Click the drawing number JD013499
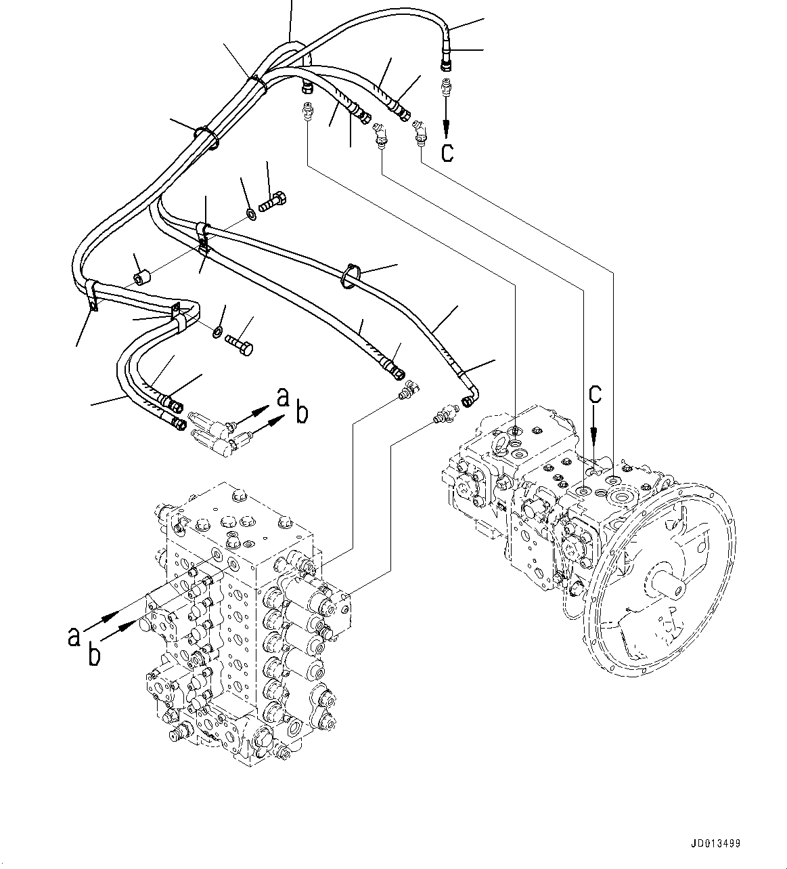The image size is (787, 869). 715,844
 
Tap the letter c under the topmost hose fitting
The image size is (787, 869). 447,152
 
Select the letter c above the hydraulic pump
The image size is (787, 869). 594,394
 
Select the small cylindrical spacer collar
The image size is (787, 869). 141,278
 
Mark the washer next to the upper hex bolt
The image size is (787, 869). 251,215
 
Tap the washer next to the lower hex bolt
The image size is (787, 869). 217,332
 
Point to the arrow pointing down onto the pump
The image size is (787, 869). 594,423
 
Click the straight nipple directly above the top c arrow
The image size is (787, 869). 446,89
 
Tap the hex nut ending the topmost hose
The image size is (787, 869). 445,65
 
